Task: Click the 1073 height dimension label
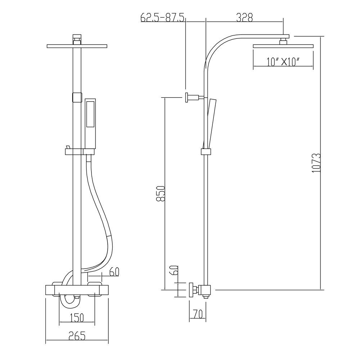tap(316, 163)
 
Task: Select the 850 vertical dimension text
tap(162, 194)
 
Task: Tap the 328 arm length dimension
tap(244, 17)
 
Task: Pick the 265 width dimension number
tap(77, 336)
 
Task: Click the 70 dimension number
tap(198, 314)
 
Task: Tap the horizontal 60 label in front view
tap(114, 271)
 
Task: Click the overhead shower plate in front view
tap(77, 46)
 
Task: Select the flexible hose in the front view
tap(103, 216)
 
